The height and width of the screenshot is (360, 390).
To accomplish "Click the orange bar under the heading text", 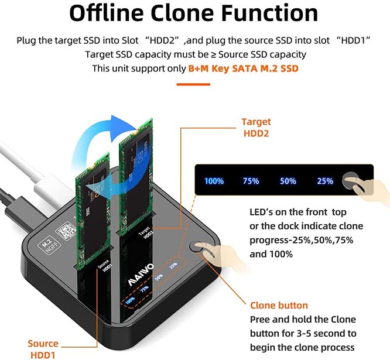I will [195, 84].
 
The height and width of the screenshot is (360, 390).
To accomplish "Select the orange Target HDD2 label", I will [256, 127].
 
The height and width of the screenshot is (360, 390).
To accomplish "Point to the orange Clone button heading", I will [279, 305].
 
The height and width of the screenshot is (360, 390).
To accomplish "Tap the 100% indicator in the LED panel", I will [214, 181].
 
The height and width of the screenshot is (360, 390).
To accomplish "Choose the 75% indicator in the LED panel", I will [251, 181].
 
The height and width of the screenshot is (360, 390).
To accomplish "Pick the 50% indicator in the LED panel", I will [288, 181].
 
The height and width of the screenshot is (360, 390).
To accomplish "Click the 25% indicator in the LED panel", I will [325, 181].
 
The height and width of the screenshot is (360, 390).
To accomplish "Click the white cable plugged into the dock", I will [35, 176].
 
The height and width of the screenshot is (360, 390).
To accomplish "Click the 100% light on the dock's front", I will [130, 300].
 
